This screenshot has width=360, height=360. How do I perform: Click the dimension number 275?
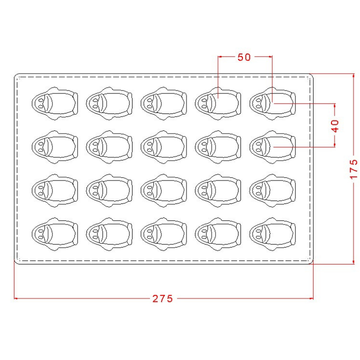162,298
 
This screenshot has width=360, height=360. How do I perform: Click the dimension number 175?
353,169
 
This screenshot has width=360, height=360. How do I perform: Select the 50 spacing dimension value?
244,57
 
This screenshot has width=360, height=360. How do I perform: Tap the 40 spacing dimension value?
335,126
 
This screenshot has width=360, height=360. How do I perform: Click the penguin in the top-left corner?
55,103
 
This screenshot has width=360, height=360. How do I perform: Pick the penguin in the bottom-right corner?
272,234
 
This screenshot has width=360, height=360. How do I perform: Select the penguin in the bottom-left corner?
55,234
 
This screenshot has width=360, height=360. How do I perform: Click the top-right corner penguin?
272,103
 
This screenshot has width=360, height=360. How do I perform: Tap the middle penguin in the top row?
163,103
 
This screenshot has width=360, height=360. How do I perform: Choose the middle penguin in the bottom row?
163,234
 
